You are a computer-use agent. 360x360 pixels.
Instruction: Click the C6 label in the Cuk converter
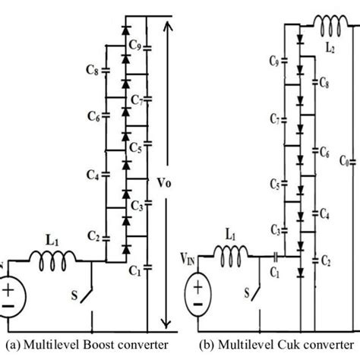[x=324, y=152]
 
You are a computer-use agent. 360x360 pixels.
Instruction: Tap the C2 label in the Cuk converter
[x=324, y=260]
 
